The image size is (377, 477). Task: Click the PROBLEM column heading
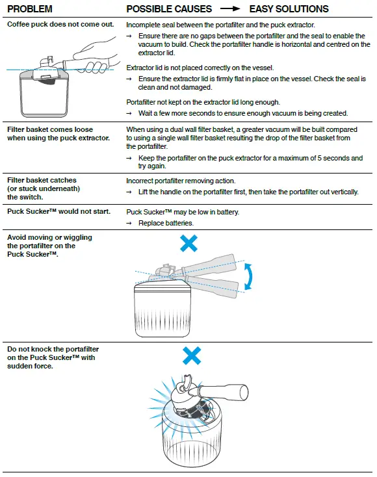click(x=29, y=9)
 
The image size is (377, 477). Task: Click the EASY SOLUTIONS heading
click(x=289, y=9)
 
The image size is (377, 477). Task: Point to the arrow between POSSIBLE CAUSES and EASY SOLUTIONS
click(x=230, y=9)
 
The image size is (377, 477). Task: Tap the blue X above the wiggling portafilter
click(x=188, y=243)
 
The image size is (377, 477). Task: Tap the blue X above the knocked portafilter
click(x=192, y=355)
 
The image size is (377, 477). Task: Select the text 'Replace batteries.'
click(x=166, y=223)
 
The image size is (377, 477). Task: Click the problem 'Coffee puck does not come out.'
click(x=60, y=24)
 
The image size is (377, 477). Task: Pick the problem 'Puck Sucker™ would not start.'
click(x=58, y=211)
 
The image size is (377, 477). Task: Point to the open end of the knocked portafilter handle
click(x=244, y=393)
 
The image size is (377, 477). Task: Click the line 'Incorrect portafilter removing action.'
click(x=181, y=181)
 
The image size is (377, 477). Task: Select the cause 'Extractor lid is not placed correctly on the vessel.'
click(x=200, y=68)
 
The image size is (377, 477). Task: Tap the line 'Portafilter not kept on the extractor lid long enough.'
click(x=203, y=102)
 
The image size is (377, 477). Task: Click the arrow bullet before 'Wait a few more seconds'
click(x=129, y=114)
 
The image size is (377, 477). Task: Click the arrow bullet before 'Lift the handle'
click(x=129, y=192)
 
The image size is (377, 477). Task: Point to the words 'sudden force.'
click(x=30, y=366)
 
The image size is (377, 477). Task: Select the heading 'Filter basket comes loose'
click(x=50, y=129)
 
